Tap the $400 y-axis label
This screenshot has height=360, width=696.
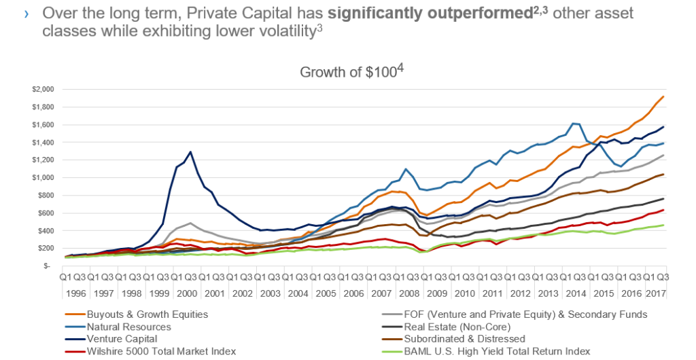pos(45,230)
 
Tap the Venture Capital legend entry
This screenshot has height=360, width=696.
pos(122,339)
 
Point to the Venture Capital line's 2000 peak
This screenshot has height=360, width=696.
pos(190,152)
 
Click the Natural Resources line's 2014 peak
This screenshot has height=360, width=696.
pos(574,124)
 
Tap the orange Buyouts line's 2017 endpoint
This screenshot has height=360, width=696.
pos(663,97)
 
